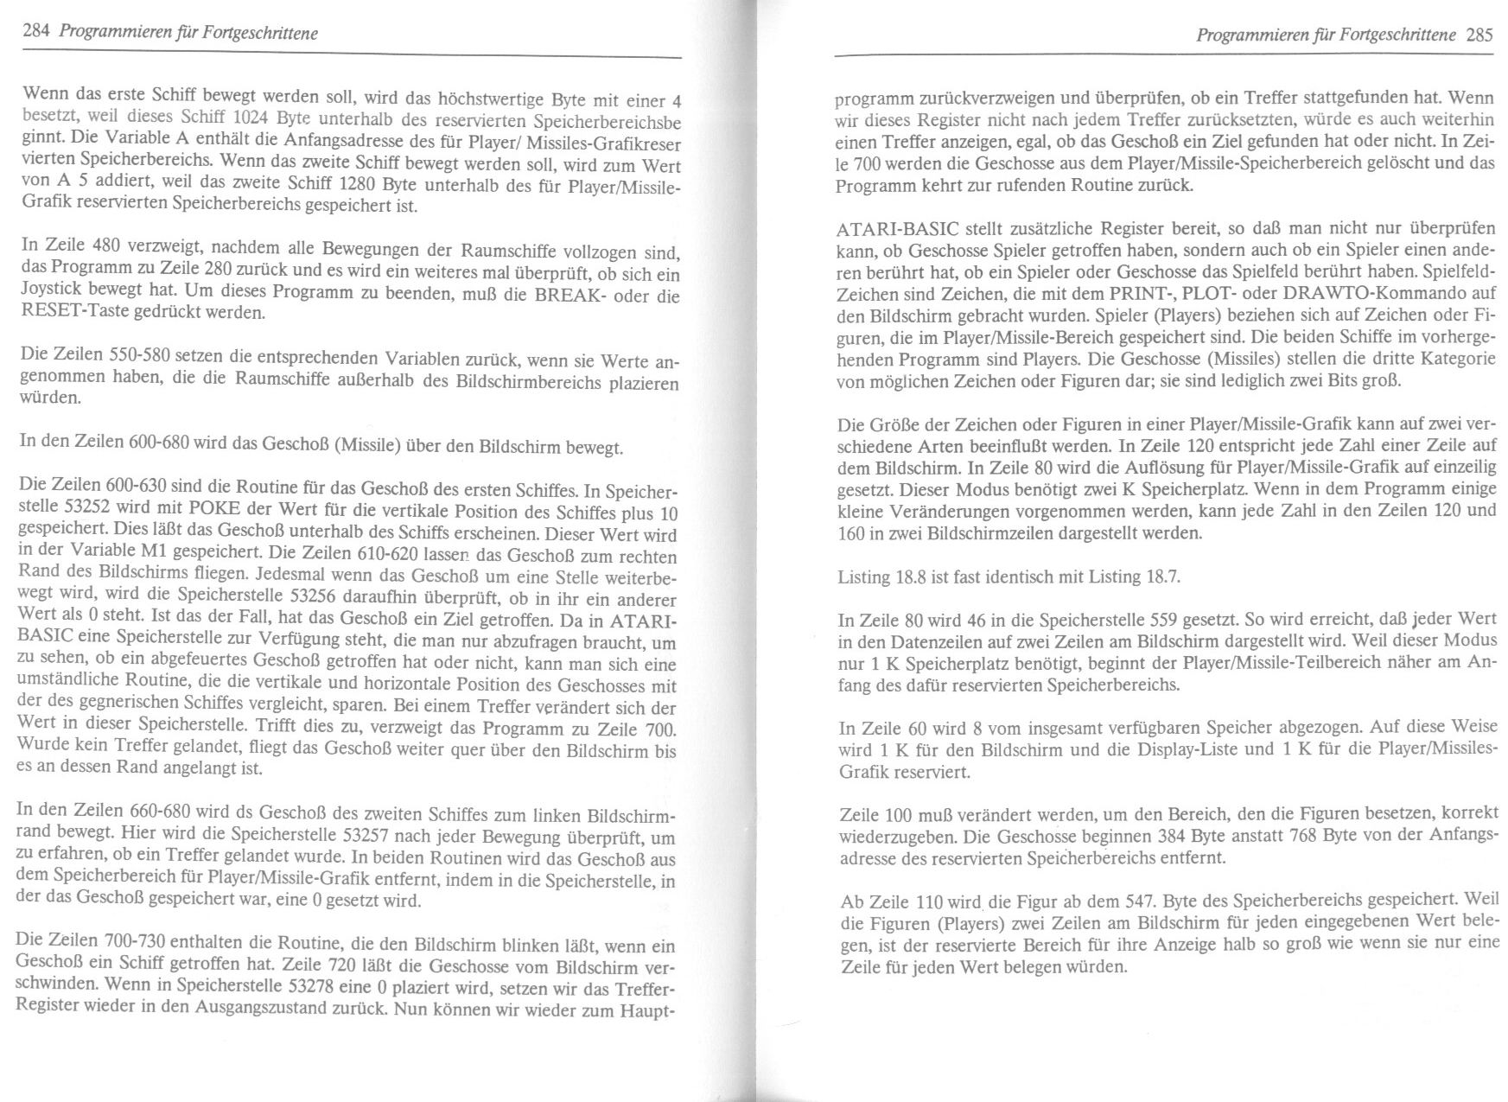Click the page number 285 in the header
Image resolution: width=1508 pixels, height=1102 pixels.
coord(1480,36)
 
